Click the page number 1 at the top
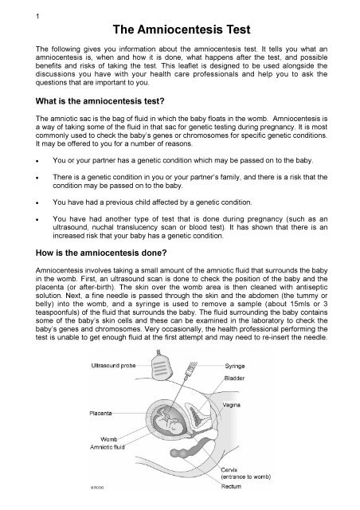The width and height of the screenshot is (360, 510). coord(37,16)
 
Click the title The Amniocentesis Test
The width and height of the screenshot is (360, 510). coord(182,29)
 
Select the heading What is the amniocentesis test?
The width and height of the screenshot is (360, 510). coord(100,101)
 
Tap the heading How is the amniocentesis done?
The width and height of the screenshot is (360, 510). coord(101,253)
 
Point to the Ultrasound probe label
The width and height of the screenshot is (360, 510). coord(113,366)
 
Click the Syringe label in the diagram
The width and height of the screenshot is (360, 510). coord(234,366)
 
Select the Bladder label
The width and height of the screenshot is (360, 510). coord(234,379)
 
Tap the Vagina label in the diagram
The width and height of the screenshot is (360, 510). coord(231,405)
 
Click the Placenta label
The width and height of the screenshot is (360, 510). coord(100,413)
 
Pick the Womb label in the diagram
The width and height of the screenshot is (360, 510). coord(108,439)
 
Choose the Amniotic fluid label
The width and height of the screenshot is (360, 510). coord(108,447)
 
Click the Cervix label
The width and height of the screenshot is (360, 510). coord(229,469)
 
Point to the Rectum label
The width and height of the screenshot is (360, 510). coord(231,486)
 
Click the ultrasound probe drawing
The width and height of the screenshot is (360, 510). coord(161,365)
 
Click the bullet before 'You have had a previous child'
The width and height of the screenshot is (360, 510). coord(37,202)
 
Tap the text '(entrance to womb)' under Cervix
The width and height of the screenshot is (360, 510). coord(246,477)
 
